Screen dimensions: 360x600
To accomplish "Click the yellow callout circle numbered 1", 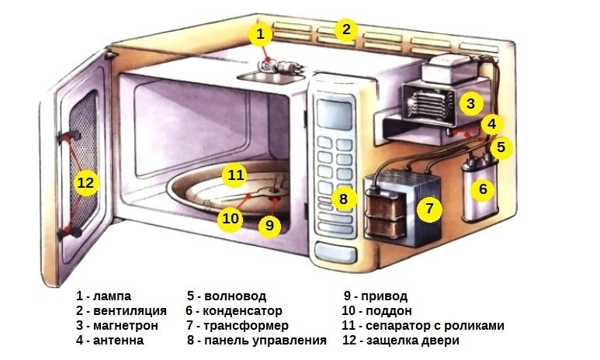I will tap(262, 34).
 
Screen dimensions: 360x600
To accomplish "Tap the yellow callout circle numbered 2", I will tap(345, 30).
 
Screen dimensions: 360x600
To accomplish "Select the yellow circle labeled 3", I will tap(470, 102).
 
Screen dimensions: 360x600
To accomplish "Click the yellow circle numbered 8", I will tap(342, 198).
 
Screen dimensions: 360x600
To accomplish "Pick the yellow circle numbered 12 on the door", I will tap(85, 183).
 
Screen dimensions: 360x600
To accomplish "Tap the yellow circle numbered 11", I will tap(234, 175).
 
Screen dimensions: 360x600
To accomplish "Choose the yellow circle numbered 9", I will tap(269, 225).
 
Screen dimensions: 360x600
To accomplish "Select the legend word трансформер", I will tap(248, 326).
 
